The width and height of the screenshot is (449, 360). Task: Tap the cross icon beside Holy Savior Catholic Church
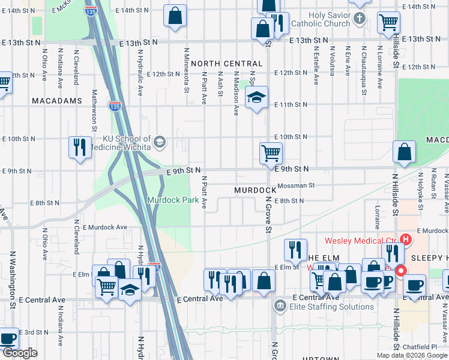359,18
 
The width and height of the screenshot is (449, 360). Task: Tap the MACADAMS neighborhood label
58,101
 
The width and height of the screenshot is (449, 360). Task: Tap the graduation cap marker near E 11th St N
256,97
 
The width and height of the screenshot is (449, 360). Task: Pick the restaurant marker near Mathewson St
80,147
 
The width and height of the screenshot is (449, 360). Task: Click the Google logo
19,353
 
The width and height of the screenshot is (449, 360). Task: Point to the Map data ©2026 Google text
411,355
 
